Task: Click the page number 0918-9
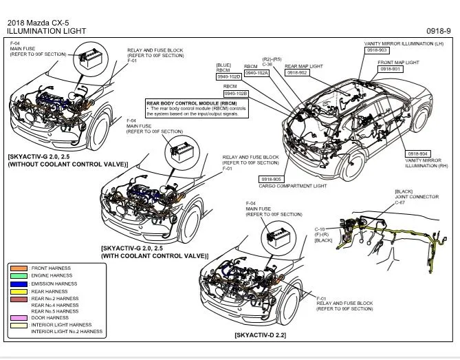[438, 31]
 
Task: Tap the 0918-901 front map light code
[391, 69]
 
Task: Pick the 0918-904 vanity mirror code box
[418, 153]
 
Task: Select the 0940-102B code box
[236, 92]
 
